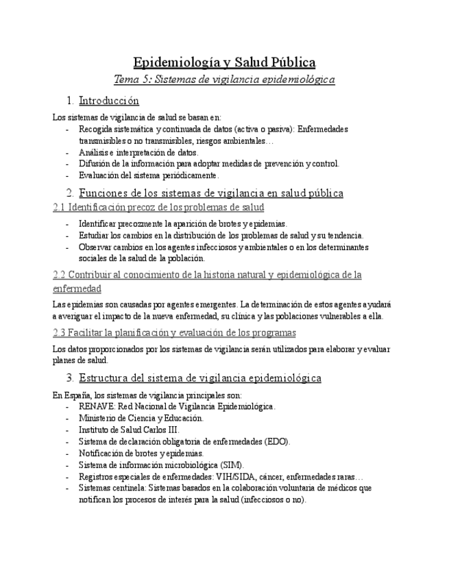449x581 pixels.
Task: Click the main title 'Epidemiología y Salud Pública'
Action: point(224,62)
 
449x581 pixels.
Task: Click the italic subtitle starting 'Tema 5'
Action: point(224,80)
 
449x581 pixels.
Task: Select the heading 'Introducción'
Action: point(109,101)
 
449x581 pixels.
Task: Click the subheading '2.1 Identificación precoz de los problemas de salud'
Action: point(158,207)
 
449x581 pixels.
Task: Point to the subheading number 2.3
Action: point(59,333)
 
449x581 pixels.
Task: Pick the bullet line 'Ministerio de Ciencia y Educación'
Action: point(141,418)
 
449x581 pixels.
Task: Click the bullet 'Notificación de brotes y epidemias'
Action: point(141,453)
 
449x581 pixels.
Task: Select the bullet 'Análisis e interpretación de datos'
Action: point(138,152)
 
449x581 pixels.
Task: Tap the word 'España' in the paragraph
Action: point(75,395)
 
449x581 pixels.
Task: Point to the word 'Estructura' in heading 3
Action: point(104,378)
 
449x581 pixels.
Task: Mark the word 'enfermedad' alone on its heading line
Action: point(77,288)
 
